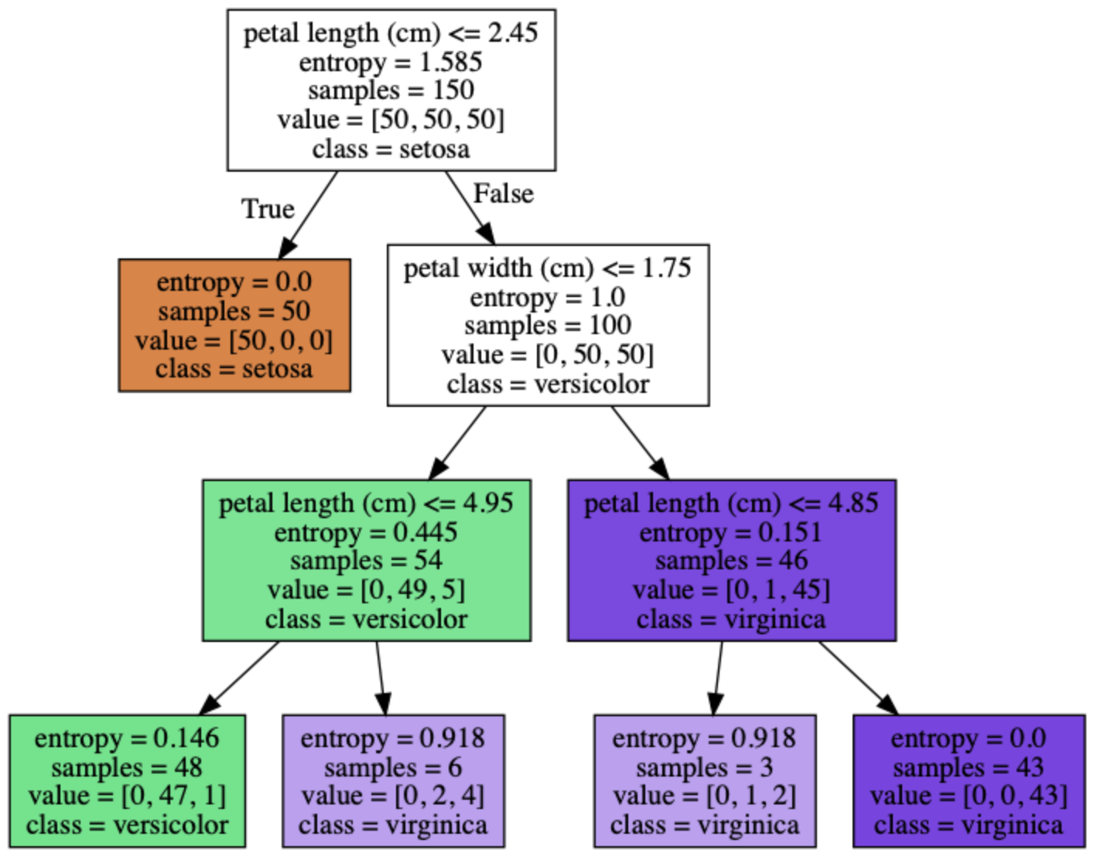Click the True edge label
click(x=268, y=208)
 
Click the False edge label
click(x=503, y=193)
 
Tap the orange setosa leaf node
click(x=234, y=326)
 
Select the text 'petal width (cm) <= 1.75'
click(x=548, y=268)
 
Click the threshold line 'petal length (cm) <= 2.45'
click(x=391, y=33)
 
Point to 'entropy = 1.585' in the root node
click(x=391, y=63)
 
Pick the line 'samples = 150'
click(x=391, y=91)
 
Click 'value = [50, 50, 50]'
click(x=391, y=120)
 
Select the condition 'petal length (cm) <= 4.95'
click(x=366, y=504)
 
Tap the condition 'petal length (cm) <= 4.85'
click(x=731, y=504)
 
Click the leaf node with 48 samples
click(x=128, y=781)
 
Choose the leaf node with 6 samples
click(x=393, y=781)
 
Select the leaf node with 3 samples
click(x=705, y=781)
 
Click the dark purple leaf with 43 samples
click(x=969, y=781)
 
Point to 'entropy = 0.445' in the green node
click(x=366, y=532)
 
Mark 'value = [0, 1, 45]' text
click(x=731, y=590)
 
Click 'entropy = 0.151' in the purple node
click(x=731, y=532)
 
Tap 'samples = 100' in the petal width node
click(x=548, y=325)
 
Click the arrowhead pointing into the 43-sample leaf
click(x=889, y=705)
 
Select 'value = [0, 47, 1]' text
click(x=128, y=796)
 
